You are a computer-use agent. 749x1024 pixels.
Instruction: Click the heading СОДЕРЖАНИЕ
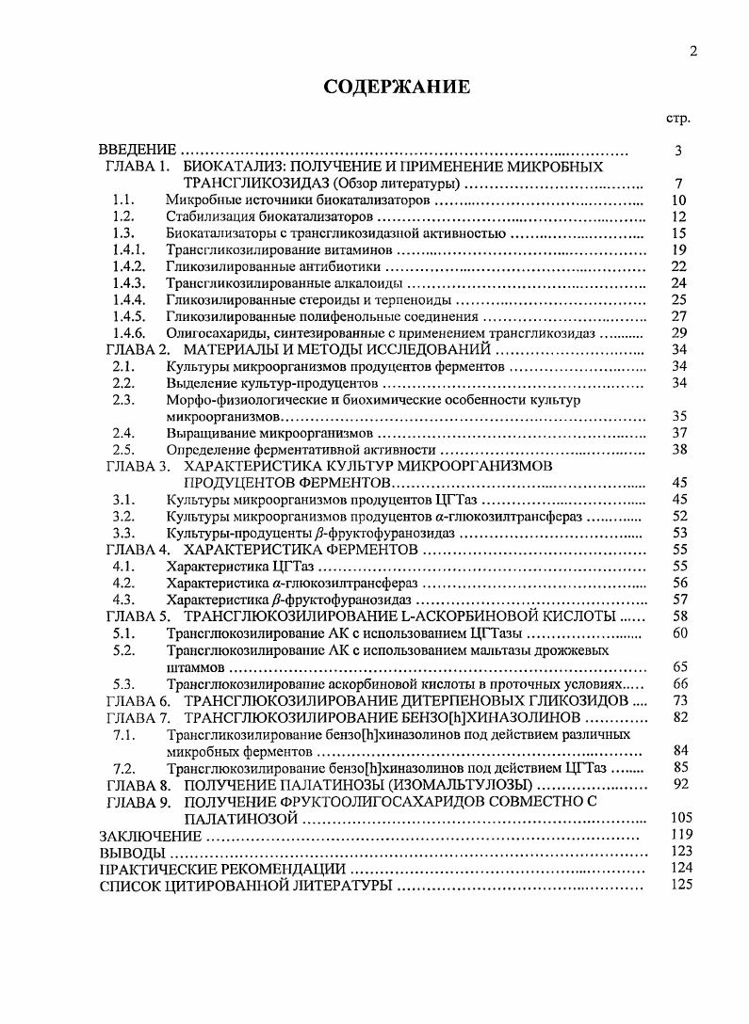click(396, 88)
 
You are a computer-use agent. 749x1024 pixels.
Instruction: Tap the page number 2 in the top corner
click(692, 52)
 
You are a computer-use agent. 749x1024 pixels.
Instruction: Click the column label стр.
click(677, 120)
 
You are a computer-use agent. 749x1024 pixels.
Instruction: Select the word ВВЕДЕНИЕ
click(138, 151)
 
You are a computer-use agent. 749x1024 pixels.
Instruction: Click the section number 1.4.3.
click(127, 283)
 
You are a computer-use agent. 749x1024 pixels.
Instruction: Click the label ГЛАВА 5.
click(138, 616)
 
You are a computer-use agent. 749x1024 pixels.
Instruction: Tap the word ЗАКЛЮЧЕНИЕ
click(151, 835)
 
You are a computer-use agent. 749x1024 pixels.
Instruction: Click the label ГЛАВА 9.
click(138, 801)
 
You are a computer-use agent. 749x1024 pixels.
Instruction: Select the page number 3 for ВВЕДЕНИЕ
click(677, 151)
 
